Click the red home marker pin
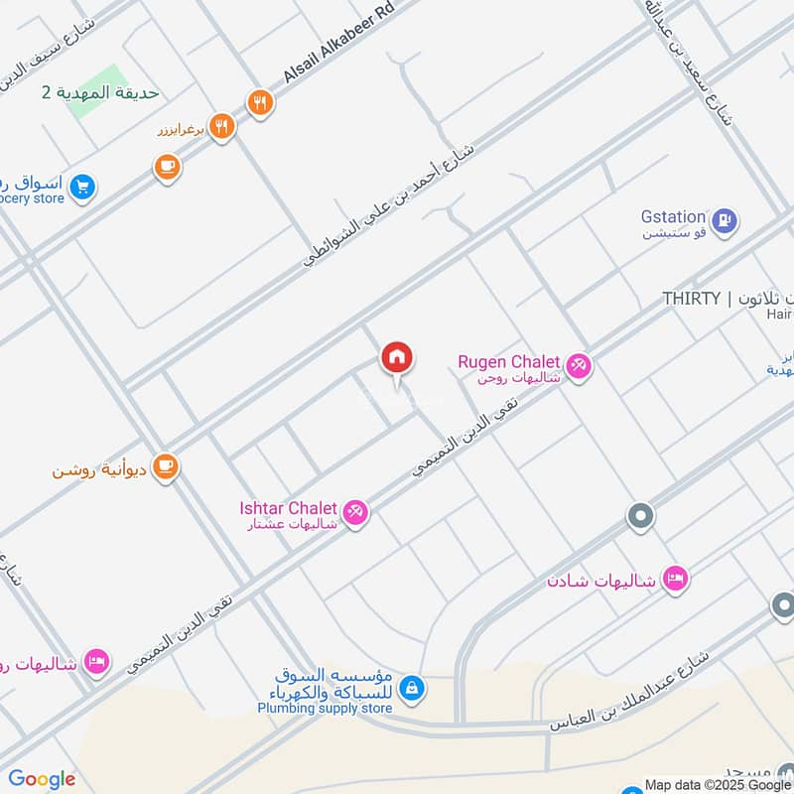click(397, 358)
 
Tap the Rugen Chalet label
click(509, 362)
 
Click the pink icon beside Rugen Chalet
click(580, 366)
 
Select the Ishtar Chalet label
click(288, 508)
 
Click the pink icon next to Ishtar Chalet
click(356, 512)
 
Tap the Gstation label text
click(673, 216)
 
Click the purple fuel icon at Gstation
click(726, 220)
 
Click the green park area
click(99, 91)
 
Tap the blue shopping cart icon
click(82, 185)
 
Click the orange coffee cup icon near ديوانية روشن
click(166, 466)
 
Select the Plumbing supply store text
click(325, 708)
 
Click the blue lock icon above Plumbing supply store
click(412, 687)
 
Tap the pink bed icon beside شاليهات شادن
click(675, 578)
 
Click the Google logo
click(42, 779)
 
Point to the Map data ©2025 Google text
click(718, 784)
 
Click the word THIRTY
click(691, 299)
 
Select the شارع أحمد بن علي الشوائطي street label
click(390, 206)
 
